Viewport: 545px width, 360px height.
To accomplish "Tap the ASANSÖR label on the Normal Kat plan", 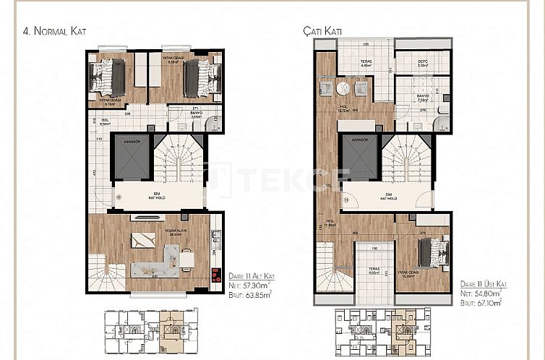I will pos(132,143).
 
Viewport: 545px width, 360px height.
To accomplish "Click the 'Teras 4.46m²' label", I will pos(367,64).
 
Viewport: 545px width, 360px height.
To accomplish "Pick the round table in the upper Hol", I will pos(343,87).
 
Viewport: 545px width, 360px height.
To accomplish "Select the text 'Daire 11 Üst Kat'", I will pos(484,286).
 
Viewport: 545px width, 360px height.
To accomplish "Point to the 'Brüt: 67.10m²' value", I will pos(484,304).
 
